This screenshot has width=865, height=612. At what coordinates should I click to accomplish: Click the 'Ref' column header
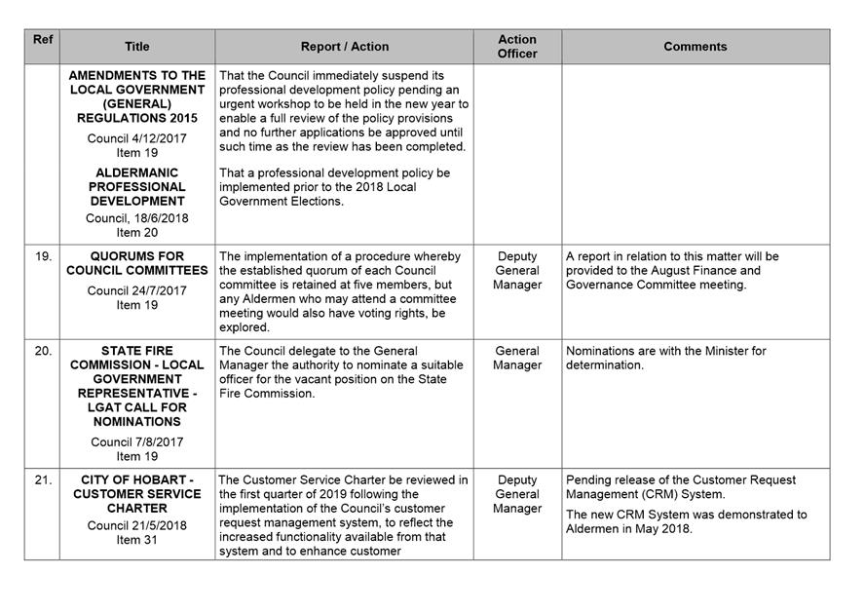coord(42,40)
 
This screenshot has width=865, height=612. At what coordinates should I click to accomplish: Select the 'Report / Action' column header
coord(344,47)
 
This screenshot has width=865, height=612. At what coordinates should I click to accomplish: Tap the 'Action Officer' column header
coord(517,47)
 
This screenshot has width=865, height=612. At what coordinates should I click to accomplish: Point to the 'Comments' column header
coord(695,47)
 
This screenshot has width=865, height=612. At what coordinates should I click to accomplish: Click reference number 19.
coord(43,257)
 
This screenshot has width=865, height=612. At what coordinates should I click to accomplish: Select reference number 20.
coord(43,351)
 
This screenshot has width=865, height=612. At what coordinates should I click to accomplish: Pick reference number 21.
coord(43,480)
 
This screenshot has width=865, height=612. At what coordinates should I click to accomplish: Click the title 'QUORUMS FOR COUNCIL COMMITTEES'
coord(137,263)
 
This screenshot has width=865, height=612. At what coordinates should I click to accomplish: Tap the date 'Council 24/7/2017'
coord(136,290)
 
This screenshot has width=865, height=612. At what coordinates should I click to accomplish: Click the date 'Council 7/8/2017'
coord(136,441)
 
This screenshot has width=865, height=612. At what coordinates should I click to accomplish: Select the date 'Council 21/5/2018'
coord(136,525)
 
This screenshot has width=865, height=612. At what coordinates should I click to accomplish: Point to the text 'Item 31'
coord(136,540)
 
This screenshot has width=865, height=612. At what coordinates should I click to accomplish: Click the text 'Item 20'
coord(136,233)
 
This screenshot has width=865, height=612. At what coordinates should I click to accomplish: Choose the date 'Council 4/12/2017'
coord(136,138)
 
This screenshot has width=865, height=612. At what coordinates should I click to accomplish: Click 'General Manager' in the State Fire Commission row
coord(517,358)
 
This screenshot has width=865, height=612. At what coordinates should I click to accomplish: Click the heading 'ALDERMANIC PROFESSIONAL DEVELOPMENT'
coord(137,186)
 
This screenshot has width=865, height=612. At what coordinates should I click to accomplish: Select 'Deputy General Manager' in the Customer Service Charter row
coord(517,494)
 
